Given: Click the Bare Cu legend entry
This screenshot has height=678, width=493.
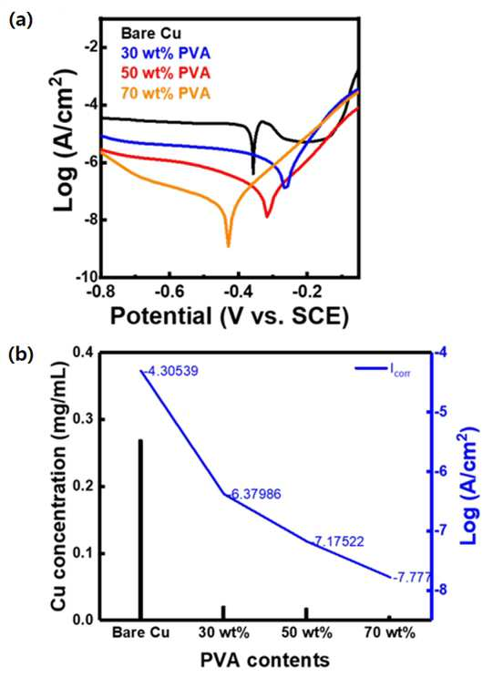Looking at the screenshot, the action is coord(151,34).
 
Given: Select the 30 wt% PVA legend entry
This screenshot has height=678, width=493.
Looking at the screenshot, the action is coord(166,53).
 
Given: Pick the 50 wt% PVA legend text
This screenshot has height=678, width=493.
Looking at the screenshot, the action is coord(166,73).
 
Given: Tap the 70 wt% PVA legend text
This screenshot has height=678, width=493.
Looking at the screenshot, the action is coord(166,93).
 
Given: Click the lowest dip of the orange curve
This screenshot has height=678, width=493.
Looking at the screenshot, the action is coord(229,246).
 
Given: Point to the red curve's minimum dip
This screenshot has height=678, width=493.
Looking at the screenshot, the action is coord(267,217).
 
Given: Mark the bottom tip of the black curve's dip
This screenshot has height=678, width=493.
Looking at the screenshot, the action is coord(253,174).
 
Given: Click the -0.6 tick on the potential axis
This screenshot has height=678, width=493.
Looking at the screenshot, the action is coord(170,291).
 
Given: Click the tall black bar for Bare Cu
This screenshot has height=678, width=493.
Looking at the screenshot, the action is coord(140,529).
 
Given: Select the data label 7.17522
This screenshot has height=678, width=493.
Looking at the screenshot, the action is coord(339,541).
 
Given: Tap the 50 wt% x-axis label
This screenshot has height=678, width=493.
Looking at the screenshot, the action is coord(307,633).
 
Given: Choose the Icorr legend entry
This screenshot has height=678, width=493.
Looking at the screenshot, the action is coord(383,369).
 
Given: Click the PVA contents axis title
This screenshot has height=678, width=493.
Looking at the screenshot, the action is coord(265,661).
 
